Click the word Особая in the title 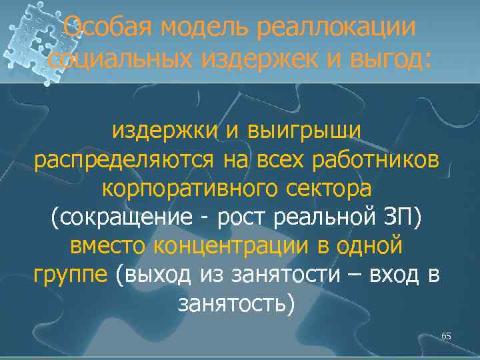click(101, 28)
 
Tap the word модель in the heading click(193, 28)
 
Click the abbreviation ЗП click(407, 217)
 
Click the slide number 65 click(446, 336)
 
